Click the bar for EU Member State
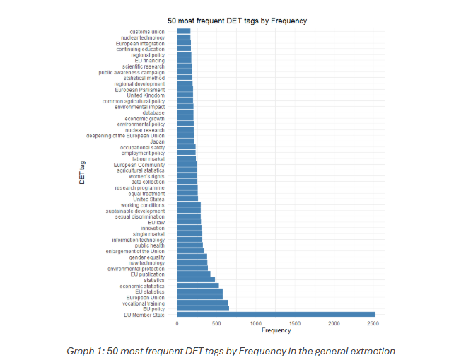tap(276, 314)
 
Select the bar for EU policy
tap(203, 308)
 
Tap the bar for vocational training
tap(202, 303)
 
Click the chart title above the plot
tap(237, 21)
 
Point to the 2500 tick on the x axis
tap(374, 323)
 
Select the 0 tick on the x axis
tap(177, 323)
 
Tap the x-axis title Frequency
tap(276, 330)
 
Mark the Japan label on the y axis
tap(157, 141)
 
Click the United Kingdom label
tap(145, 95)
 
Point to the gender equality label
tap(146, 257)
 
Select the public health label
tap(149, 245)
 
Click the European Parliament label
tap(139, 89)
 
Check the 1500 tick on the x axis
tap(296, 323)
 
